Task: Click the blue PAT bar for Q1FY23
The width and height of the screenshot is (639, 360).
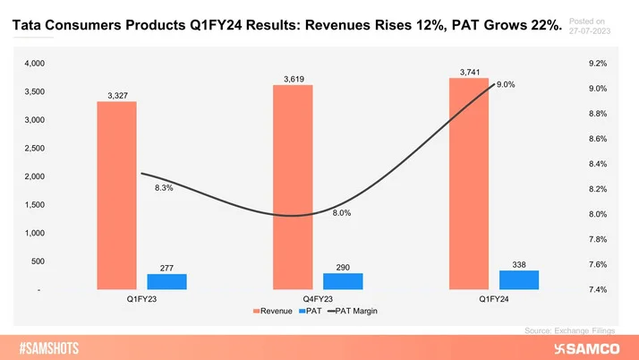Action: [166, 281]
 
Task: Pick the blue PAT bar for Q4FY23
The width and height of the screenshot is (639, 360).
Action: [343, 281]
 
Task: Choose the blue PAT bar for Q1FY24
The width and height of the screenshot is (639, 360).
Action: [519, 279]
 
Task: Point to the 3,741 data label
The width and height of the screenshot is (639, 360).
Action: [469, 71]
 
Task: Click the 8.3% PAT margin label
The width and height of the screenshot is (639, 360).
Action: [163, 188]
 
